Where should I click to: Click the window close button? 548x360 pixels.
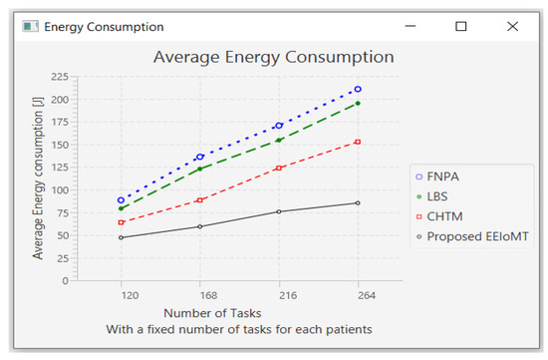512,27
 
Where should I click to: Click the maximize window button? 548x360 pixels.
460,27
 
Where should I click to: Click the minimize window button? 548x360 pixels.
409,27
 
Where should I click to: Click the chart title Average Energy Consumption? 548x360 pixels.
273,57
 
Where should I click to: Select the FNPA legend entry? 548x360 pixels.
443,176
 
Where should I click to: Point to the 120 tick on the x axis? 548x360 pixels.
122,296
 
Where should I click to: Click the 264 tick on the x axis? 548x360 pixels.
358,296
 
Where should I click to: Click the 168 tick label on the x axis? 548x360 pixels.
200,296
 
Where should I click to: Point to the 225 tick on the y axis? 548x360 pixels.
59,77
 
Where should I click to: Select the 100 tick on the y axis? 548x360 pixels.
59,189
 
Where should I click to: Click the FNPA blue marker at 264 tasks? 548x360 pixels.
358,90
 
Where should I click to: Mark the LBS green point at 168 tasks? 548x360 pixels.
200,169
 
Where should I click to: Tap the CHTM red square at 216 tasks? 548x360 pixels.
279,168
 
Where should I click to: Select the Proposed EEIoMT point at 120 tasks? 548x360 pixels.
122,237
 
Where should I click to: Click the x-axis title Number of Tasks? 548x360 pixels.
213,313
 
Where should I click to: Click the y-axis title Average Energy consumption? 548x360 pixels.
38,180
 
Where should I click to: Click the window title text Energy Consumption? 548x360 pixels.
104,27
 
